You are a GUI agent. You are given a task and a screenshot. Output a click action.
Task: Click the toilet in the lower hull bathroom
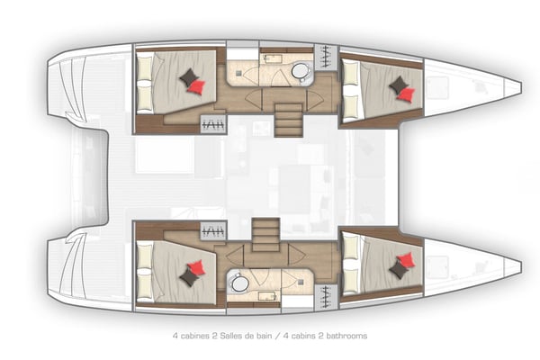(239, 283)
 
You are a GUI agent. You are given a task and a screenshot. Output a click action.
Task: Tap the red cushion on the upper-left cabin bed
(197, 87)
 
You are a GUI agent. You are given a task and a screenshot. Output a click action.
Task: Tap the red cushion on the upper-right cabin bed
(407, 93)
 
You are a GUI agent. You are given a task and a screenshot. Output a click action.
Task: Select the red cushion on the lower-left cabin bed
(196, 267)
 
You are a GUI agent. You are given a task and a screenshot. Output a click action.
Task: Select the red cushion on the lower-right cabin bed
(406, 261)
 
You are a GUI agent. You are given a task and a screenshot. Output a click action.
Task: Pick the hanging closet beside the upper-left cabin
(214, 124)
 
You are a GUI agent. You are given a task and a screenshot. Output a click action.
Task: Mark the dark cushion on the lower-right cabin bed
(397, 270)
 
